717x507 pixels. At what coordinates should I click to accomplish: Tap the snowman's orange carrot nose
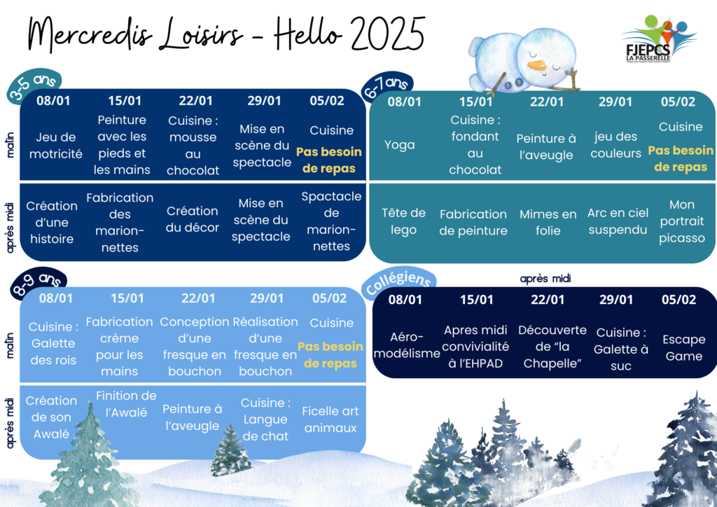537,65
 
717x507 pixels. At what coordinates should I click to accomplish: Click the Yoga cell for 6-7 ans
400,145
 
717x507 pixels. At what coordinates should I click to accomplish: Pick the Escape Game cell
683,347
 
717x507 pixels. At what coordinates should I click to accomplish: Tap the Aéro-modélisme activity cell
407,345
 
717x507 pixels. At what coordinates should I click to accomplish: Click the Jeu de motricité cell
56,146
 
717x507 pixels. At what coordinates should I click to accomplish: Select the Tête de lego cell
403,221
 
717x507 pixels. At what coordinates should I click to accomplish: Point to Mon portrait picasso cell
682,221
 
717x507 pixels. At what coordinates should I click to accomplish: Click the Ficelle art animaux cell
330,419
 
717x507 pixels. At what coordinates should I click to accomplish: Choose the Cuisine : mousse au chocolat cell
193,146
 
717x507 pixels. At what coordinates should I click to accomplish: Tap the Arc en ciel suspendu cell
618,221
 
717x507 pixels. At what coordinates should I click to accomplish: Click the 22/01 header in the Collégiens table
548,300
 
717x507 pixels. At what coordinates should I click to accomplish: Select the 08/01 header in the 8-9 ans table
56,298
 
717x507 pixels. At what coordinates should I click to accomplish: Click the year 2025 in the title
388,33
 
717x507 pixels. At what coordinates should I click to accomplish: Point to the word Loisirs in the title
201,34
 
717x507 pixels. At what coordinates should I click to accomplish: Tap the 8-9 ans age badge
39,282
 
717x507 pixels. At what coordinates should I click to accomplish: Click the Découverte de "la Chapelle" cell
552,347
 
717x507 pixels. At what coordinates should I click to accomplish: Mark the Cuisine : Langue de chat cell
265,419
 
